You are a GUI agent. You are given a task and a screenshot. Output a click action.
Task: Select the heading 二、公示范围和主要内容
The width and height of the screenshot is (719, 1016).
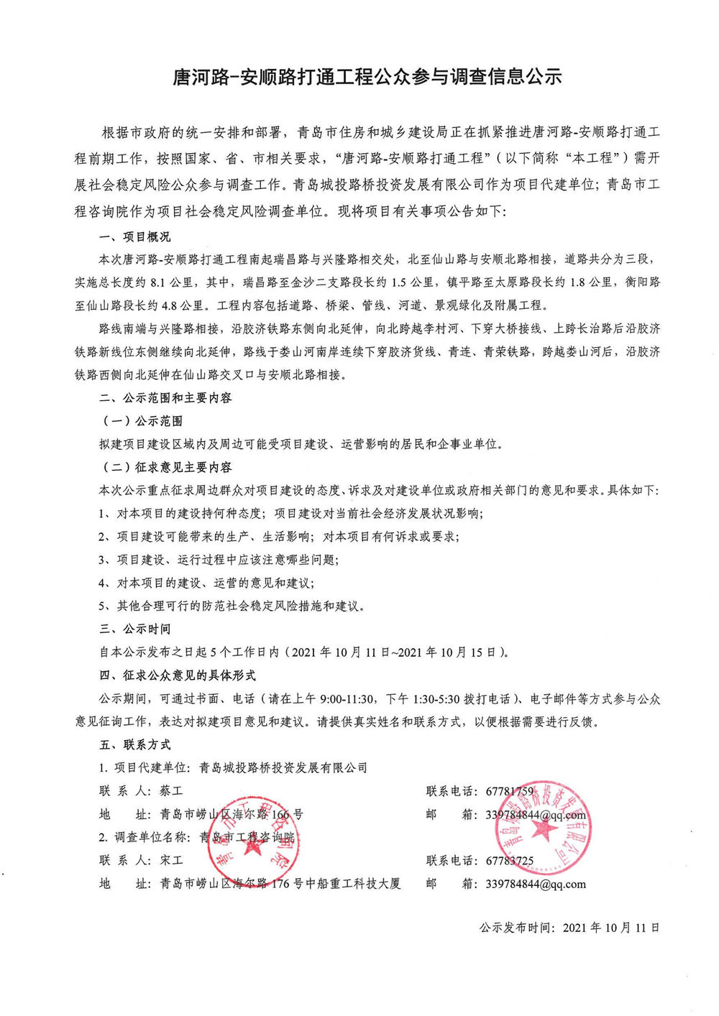click(165, 398)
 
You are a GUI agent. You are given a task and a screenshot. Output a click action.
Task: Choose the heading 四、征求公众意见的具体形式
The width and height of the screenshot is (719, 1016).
click(178, 675)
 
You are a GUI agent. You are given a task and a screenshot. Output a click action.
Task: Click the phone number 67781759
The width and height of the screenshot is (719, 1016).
click(510, 791)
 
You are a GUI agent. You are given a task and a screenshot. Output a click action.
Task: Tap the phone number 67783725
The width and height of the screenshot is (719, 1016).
click(510, 860)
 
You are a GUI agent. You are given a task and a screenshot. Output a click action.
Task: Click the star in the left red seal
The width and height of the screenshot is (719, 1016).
click(253, 846)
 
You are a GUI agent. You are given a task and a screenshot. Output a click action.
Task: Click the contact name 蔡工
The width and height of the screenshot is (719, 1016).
click(172, 791)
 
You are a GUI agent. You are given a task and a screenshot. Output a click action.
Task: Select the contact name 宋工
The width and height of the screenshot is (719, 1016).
click(172, 860)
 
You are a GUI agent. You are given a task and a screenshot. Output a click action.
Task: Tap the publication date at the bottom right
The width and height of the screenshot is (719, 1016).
click(569, 928)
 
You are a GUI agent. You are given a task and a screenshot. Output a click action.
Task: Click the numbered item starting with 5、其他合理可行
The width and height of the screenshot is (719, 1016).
click(232, 606)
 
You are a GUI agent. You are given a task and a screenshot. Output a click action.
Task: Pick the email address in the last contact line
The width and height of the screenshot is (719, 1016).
click(536, 884)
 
